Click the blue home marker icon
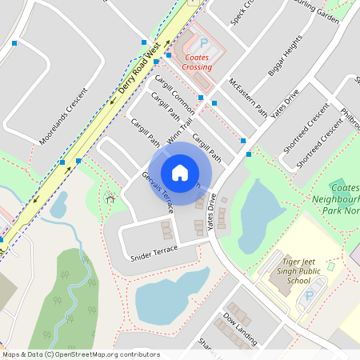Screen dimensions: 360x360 tap(180, 172)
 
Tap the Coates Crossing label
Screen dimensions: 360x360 tap(197, 62)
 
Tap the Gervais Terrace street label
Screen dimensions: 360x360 tap(158, 192)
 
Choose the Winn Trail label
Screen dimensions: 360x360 tap(180, 129)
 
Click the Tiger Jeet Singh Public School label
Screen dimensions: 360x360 tap(288, 270)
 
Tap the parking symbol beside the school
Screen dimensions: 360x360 tap(310, 298)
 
